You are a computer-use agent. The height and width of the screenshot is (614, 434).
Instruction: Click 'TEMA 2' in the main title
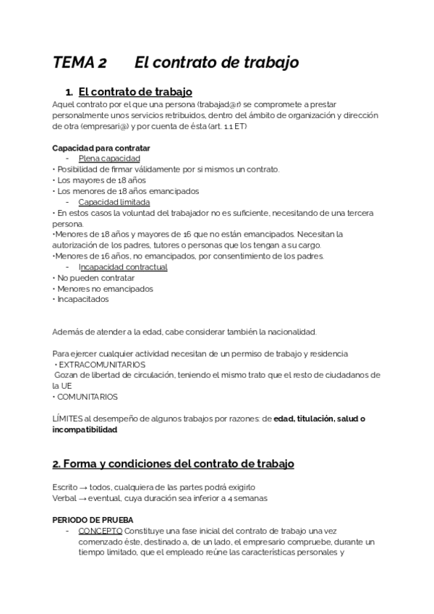80,63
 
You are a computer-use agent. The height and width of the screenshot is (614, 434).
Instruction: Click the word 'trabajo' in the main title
268,63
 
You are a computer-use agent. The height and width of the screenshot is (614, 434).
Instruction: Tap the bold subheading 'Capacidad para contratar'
101,148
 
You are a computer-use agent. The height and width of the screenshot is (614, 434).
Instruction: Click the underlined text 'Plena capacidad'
109,159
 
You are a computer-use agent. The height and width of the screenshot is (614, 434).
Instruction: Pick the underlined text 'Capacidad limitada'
114,202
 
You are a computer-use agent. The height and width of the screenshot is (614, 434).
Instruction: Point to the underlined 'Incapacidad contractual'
123,267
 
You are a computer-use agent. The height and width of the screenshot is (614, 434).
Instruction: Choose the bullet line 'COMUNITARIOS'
88,397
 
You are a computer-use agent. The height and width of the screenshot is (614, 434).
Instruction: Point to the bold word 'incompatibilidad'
84,429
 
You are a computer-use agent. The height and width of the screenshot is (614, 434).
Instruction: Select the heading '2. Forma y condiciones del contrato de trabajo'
173,463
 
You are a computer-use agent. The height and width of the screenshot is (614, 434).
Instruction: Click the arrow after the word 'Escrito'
85,488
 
